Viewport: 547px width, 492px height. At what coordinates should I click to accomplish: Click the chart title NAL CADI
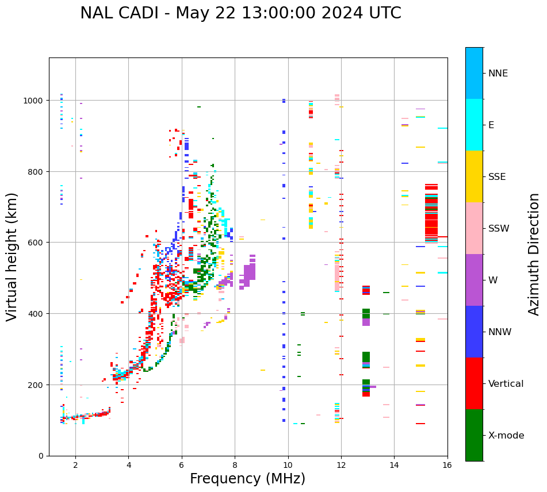[x=240, y=13]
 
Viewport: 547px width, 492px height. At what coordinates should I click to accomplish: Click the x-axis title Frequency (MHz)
[x=247, y=479]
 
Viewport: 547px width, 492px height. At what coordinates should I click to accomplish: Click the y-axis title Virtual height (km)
[x=12, y=257]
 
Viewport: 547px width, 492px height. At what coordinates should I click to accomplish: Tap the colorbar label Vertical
[x=506, y=383]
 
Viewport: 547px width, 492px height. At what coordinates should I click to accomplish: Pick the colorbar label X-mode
[x=506, y=435]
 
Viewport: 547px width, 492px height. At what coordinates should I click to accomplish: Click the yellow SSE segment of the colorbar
[x=474, y=176]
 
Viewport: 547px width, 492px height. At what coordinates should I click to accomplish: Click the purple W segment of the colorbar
[x=474, y=280]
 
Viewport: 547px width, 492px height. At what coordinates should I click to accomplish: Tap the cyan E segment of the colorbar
[x=474, y=125]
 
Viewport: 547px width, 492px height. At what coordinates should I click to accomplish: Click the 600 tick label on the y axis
[x=36, y=243]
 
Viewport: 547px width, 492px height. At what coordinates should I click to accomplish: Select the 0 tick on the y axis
[x=41, y=456]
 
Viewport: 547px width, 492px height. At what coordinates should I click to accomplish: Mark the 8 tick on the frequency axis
[x=235, y=465]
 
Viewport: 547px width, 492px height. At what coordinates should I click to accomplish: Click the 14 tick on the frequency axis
[x=394, y=465]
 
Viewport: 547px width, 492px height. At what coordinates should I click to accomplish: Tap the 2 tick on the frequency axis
[x=75, y=465]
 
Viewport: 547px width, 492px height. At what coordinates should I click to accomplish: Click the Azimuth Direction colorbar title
[x=534, y=254]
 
